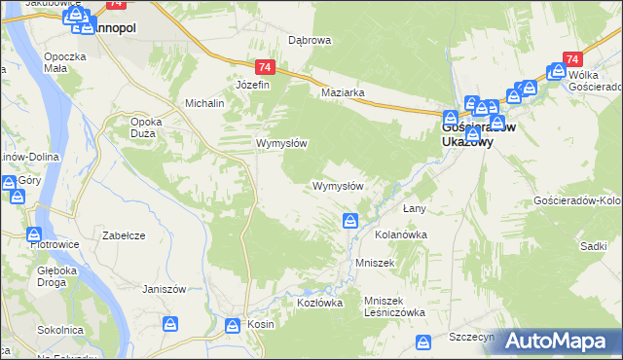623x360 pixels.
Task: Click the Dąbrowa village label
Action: [x=311, y=40]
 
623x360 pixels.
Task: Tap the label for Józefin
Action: [x=252, y=85]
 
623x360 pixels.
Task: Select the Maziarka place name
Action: [x=343, y=93]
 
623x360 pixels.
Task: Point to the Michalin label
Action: [x=205, y=102]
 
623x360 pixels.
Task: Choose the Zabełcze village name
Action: [x=124, y=235]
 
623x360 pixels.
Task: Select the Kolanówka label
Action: [x=402, y=234]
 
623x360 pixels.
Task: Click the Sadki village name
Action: [x=593, y=247]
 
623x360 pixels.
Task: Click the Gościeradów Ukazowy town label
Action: [x=478, y=133]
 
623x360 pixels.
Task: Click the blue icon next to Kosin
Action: [x=233, y=325]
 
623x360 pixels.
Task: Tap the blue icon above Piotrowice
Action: [x=35, y=234]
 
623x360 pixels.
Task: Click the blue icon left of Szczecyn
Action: [x=423, y=342]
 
